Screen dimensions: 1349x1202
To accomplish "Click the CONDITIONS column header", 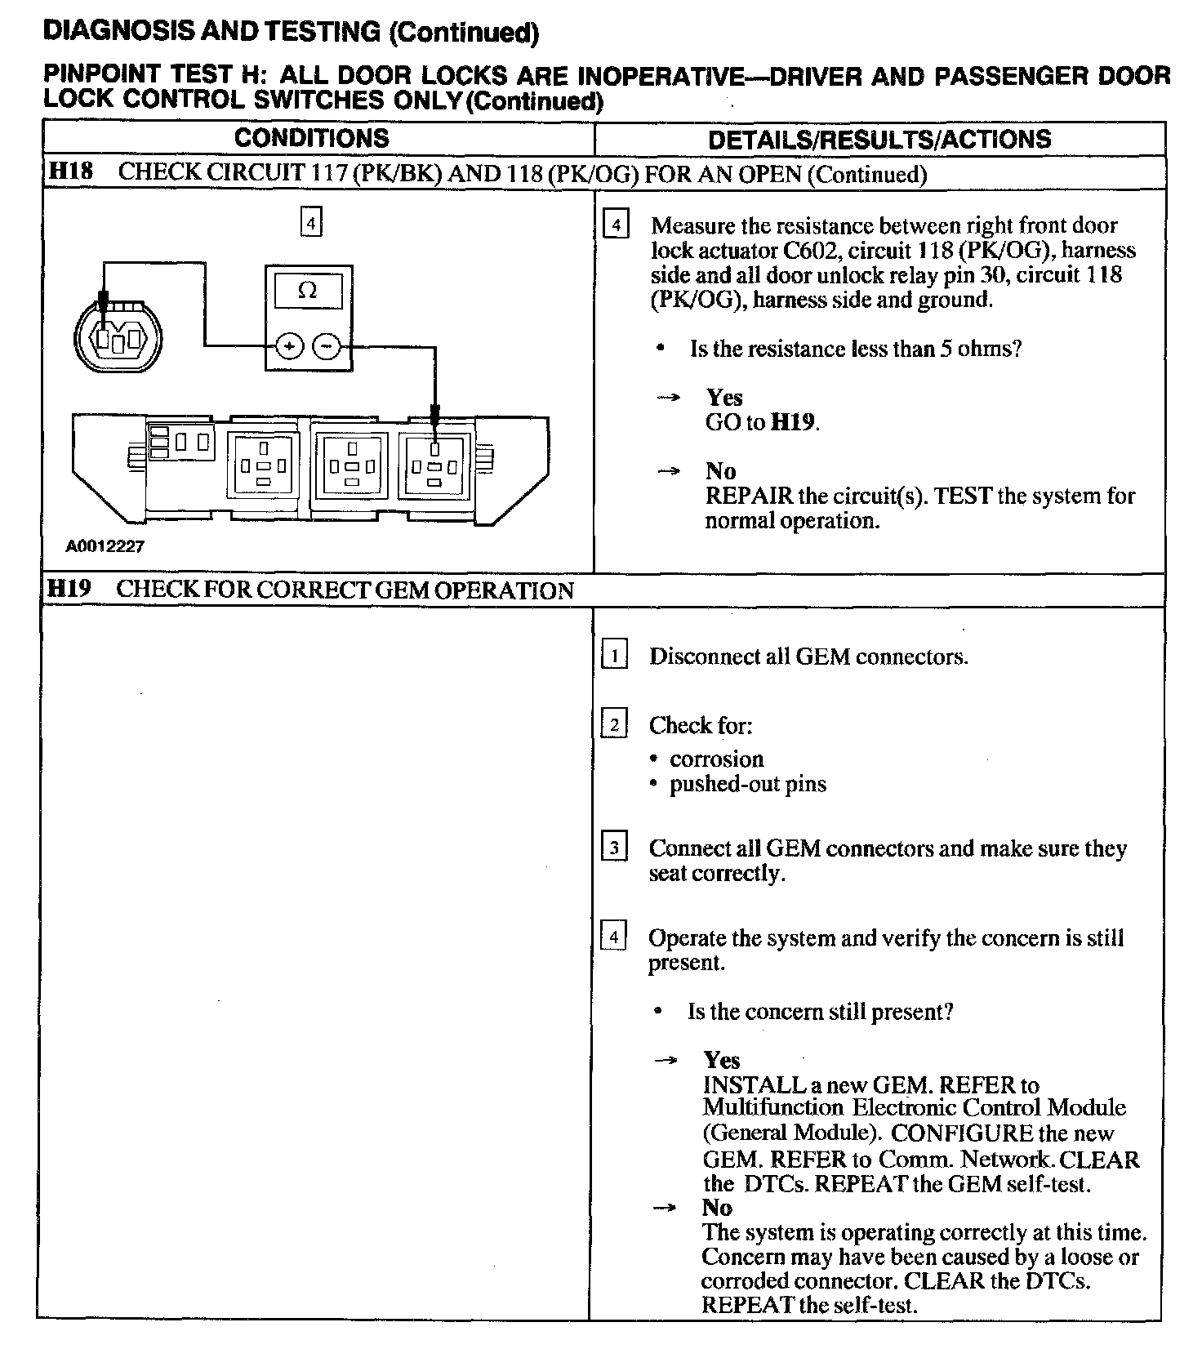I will [x=311, y=138].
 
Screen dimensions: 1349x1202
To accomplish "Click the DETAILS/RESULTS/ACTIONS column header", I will [x=879, y=139].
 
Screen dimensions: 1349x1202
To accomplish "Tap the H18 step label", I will [x=70, y=172].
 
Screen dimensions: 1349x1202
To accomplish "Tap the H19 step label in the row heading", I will [x=69, y=590].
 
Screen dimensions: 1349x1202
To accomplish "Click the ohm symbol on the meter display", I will [x=308, y=291].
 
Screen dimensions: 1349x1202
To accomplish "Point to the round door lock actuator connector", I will [x=118, y=335].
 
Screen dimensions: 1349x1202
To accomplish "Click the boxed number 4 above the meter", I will [x=311, y=222].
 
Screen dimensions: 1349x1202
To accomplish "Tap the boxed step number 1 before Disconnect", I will [x=614, y=656].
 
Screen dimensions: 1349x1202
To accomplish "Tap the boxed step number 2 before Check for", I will [x=614, y=724].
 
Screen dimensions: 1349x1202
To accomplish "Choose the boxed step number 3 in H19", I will [x=614, y=848].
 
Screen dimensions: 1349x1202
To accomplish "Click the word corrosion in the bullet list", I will [x=716, y=759].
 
